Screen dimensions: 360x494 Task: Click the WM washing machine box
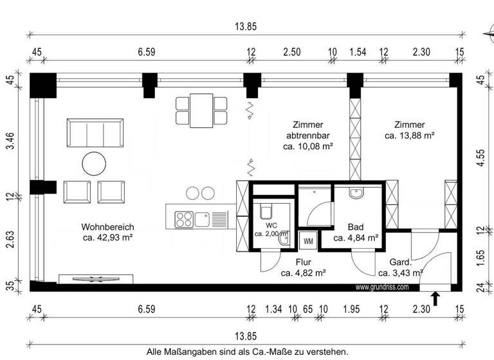pyautogui.click(x=308, y=241)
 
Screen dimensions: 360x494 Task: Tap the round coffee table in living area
pyautogui.click(x=94, y=163)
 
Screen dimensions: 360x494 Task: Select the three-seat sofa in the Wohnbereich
pyautogui.click(x=94, y=134)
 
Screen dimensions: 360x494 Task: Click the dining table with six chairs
pyautogui.click(x=202, y=110)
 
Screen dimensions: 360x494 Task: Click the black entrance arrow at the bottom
pyautogui.click(x=435, y=298)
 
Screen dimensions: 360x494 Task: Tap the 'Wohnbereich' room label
pyautogui.click(x=107, y=227)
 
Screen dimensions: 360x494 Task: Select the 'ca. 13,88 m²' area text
pyautogui.click(x=410, y=136)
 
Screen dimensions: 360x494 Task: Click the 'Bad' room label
pyautogui.click(x=356, y=227)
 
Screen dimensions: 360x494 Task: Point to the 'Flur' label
pyautogui.click(x=304, y=262)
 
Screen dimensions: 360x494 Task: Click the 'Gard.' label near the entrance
pyautogui.click(x=400, y=262)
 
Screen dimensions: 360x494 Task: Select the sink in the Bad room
pyautogui.click(x=357, y=192)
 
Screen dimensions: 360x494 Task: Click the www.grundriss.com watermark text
pyautogui.click(x=381, y=287)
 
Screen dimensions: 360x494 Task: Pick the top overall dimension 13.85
pyautogui.click(x=246, y=26)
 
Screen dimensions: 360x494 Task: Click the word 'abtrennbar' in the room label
pyautogui.click(x=307, y=136)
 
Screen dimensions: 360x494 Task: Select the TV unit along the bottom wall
pyautogui.click(x=96, y=278)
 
